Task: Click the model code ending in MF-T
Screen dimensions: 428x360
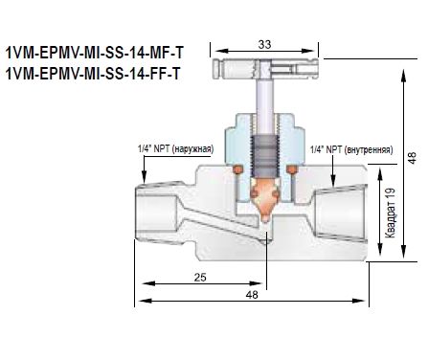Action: [x=95, y=53]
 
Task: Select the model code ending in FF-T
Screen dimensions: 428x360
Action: [x=93, y=74]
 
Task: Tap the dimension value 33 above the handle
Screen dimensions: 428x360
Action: [x=264, y=44]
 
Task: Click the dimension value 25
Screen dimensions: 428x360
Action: [x=200, y=277]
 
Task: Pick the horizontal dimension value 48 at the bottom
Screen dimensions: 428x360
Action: [x=252, y=295]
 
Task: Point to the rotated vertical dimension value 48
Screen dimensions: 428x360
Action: [x=413, y=158]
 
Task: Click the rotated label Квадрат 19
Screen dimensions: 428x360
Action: [x=391, y=213]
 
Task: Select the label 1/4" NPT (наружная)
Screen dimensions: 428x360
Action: [x=175, y=149]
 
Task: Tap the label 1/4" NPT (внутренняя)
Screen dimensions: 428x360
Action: [x=351, y=149]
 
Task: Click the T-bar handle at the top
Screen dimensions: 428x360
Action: [x=265, y=68]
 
